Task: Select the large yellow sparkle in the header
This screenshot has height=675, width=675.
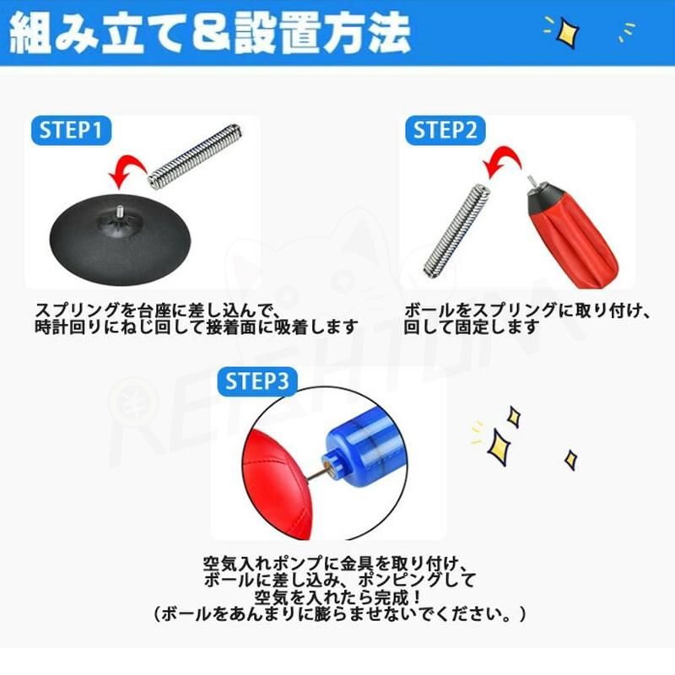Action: [x=563, y=31]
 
